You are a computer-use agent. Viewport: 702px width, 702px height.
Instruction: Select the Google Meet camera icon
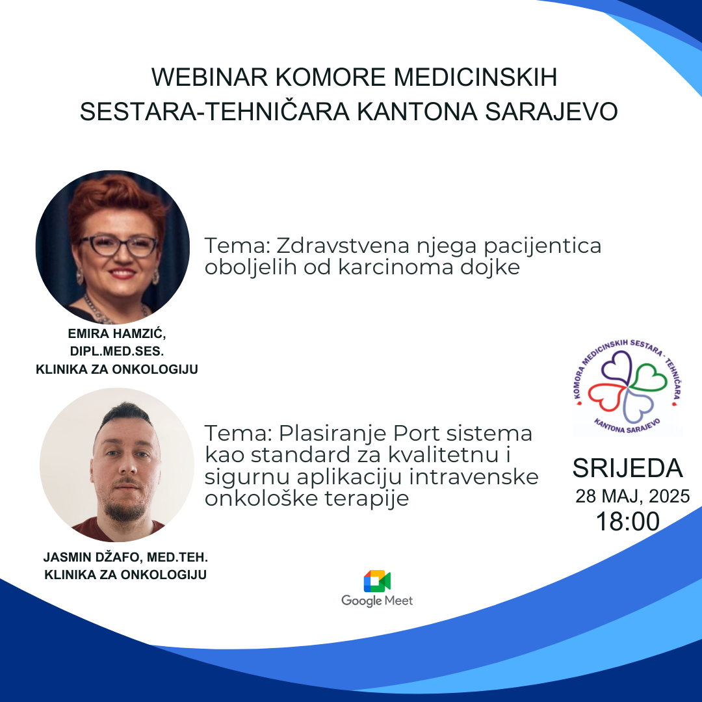pyautogui.click(x=377, y=581)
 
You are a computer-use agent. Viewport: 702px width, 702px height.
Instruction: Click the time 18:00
pyautogui.click(x=628, y=521)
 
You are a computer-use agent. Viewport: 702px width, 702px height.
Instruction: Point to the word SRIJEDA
pyautogui.click(x=627, y=468)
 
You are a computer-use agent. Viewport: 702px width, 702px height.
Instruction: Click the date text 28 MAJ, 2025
pyautogui.click(x=632, y=497)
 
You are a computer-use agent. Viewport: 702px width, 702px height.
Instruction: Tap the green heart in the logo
pyautogui.click(x=649, y=378)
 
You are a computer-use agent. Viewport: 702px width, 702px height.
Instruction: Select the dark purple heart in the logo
pyautogui.click(x=617, y=367)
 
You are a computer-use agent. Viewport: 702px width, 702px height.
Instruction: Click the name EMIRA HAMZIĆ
pyautogui.click(x=117, y=333)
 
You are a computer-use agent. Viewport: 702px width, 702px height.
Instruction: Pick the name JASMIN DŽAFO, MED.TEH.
pyautogui.click(x=126, y=558)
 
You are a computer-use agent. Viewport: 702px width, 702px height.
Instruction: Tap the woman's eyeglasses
pyautogui.click(x=118, y=246)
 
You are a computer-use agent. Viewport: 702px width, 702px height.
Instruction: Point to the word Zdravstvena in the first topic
pyautogui.click(x=343, y=245)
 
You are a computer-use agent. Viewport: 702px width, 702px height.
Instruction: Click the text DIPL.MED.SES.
pyautogui.click(x=117, y=352)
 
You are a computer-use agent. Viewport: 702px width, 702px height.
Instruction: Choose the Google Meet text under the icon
pyautogui.click(x=377, y=601)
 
